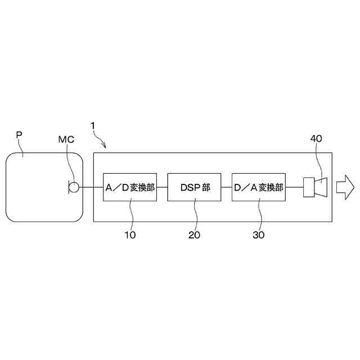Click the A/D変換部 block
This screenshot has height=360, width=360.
pos(130,187)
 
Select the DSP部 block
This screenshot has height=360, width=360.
pos(195,187)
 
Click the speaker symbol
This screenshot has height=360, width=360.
pos(314,187)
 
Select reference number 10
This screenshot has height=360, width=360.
pos(130,235)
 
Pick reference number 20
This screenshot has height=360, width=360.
pos(194,235)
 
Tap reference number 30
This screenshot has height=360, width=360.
pos(258,235)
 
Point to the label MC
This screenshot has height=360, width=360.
pos(66,138)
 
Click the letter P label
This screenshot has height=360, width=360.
pos(19,135)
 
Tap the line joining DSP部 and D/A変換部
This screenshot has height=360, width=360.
pos(227,187)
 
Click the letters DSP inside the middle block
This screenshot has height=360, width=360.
pos(190,187)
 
